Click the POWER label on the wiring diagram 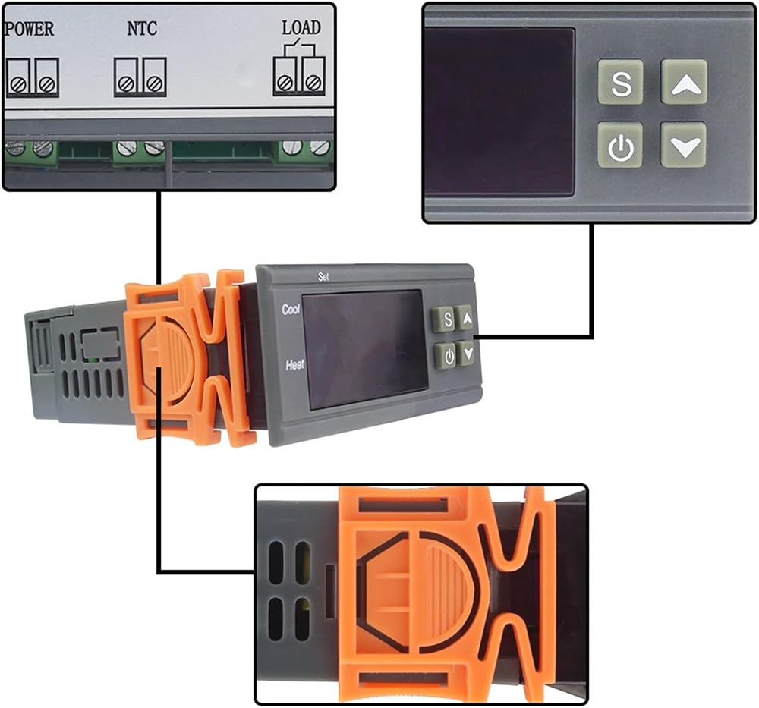pyautogui.click(x=29, y=29)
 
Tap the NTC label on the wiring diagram pyautogui.click(x=142, y=29)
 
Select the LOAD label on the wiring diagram pyautogui.click(x=301, y=27)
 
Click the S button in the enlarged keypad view pyautogui.click(x=621, y=82)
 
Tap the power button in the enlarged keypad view pyautogui.click(x=620, y=145)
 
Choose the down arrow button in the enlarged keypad pyautogui.click(x=684, y=145)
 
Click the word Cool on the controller pyautogui.click(x=291, y=310)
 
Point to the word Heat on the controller pyautogui.click(x=294, y=365)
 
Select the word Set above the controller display pyautogui.click(x=323, y=276)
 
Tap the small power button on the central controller pyautogui.click(x=446, y=356)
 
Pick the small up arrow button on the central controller pyautogui.click(x=465, y=317)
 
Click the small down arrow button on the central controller pyautogui.click(x=468, y=353)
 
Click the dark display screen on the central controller pyautogui.click(x=364, y=349)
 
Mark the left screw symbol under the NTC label pyautogui.click(x=126, y=84)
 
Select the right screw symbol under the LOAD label pyautogui.click(x=313, y=82)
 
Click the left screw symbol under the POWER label pyautogui.click(x=18, y=85)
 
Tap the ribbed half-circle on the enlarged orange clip pyautogui.click(x=446, y=593)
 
